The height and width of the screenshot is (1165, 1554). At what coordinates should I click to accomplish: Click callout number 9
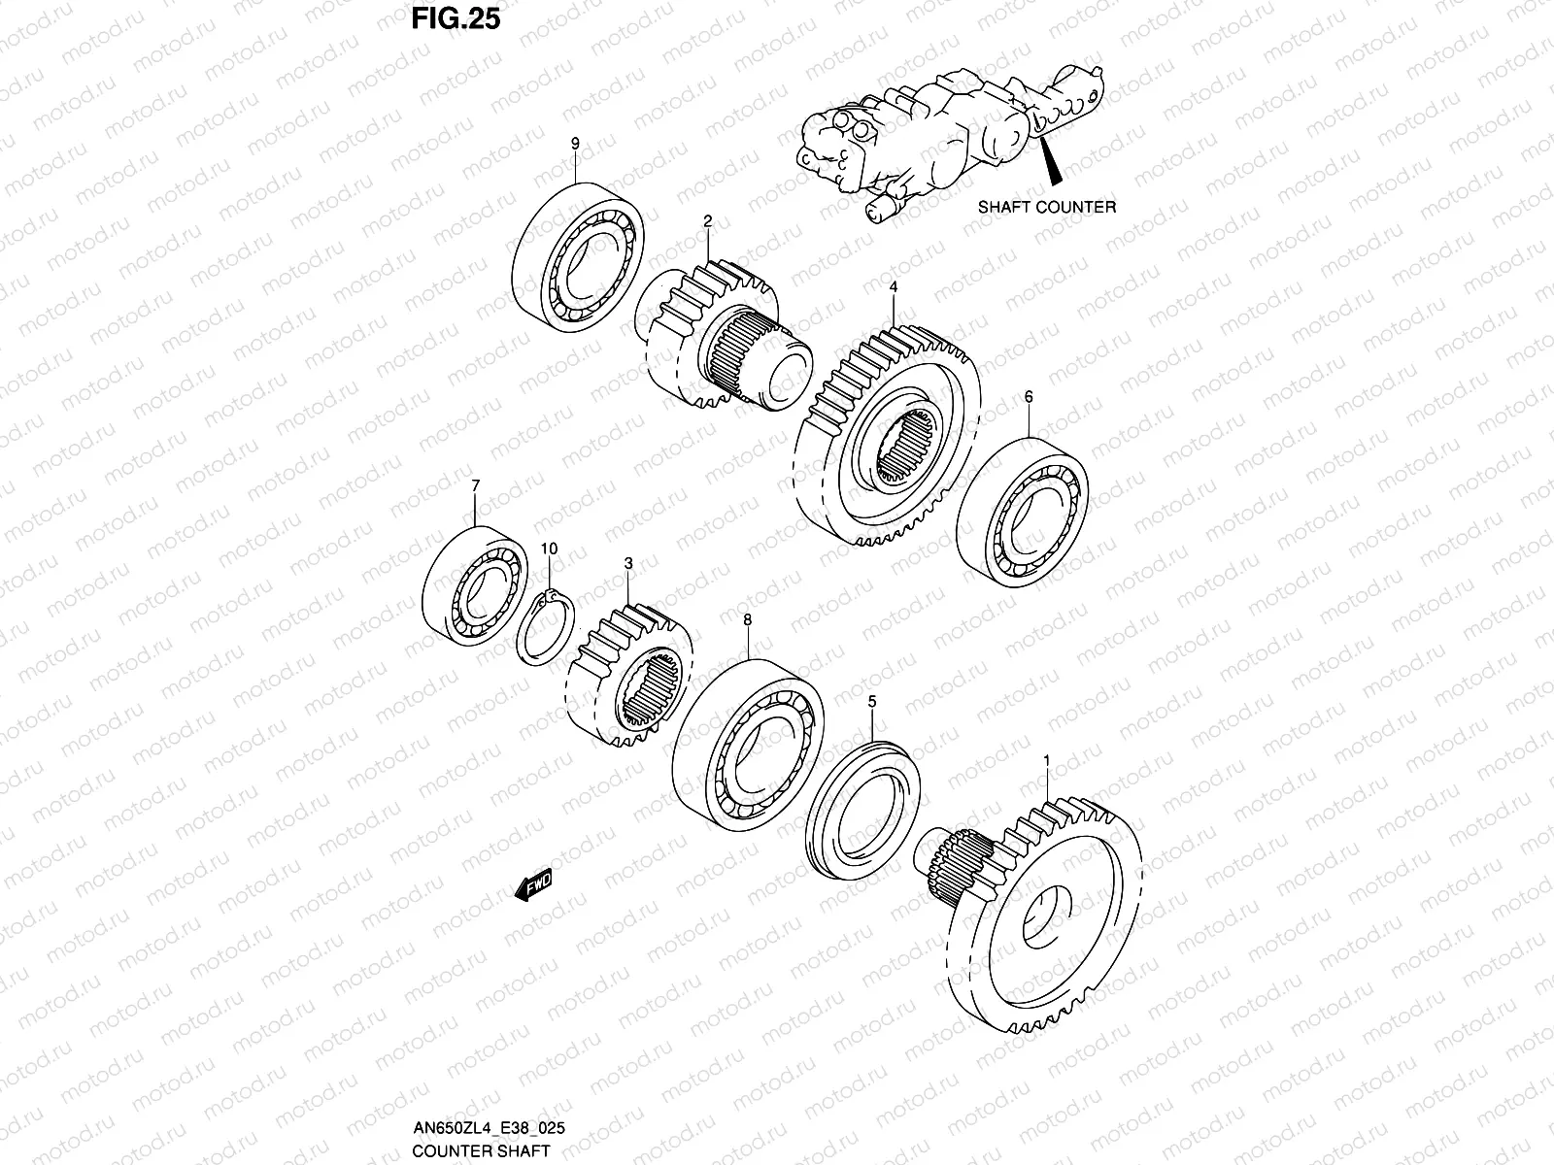pyautogui.click(x=575, y=144)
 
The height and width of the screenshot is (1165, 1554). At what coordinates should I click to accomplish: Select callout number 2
pyautogui.click(x=708, y=221)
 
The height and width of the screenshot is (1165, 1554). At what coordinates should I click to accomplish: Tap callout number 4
pyautogui.click(x=893, y=287)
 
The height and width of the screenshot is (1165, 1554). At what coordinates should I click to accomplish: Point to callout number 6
pyautogui.click(x=1029, y=396)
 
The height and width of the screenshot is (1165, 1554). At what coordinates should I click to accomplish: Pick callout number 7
pyautogui.click(x=475, y=484)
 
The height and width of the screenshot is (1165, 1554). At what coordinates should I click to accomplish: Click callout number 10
pyautogui.click(x=549, y=549)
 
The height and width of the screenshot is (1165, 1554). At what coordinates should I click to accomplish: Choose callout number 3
pyautogui.click(x=628, y=563)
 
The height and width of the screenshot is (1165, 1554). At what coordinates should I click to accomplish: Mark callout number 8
pyautogui.click(x=747, y=619)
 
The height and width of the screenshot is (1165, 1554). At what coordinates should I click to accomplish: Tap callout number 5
pyautogui.click(x=872, y=700)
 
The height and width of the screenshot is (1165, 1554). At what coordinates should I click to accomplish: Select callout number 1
pyautogui.click(x=1046, y=760)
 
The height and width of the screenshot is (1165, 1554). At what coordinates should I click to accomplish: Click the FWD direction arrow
pyautogui.click(x=533, y=885)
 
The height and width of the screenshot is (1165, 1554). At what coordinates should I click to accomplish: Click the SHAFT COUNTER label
pyautogui.click(x=1046, y=207)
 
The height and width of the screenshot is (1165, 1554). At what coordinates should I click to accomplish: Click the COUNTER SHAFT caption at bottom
pyautogui.click(x=467, y=1151)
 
